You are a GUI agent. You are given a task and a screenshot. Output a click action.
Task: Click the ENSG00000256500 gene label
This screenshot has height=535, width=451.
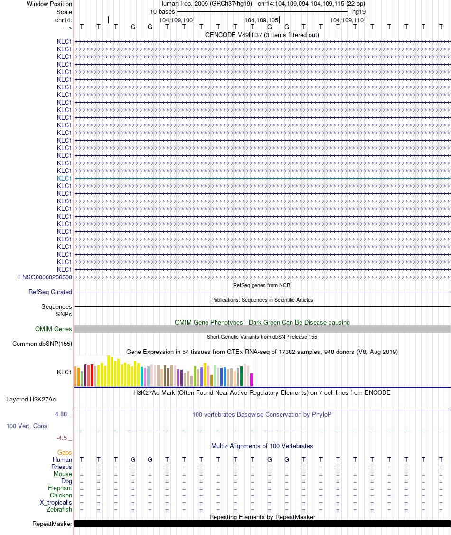point(45,277)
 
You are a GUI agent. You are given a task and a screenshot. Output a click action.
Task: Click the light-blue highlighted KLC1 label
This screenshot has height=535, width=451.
point(65,178)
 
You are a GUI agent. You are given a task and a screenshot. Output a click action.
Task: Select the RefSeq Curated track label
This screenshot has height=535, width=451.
point(50,292)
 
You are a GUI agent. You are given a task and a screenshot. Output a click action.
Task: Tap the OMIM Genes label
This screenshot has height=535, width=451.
point(54,329)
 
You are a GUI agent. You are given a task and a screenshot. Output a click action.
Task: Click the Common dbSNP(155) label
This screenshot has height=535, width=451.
point(42,344)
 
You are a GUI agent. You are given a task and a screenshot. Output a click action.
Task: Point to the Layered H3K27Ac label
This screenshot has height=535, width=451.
point(31,400)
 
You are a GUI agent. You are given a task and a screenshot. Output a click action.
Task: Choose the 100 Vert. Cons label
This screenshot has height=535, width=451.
point(27,426)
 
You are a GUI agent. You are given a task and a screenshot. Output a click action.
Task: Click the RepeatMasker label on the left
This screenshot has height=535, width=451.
point(52,524)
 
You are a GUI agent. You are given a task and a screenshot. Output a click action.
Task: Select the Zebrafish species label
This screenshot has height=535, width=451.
point(59,510)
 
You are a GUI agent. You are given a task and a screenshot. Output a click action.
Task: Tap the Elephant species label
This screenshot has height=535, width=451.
point(60,488)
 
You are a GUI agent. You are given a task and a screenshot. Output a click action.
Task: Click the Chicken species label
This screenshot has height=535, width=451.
point(61,496)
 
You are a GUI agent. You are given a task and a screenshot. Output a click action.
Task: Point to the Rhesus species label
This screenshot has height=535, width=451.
point(62,467)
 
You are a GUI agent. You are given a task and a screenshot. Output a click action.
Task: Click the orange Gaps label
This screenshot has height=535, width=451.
point(65,453)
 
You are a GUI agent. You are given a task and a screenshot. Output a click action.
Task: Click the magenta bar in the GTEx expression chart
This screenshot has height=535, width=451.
point(252,380)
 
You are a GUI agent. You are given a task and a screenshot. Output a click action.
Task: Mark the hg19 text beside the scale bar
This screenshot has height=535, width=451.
point(359,11)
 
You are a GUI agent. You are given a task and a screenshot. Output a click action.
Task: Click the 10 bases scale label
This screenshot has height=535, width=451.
point(162,11)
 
